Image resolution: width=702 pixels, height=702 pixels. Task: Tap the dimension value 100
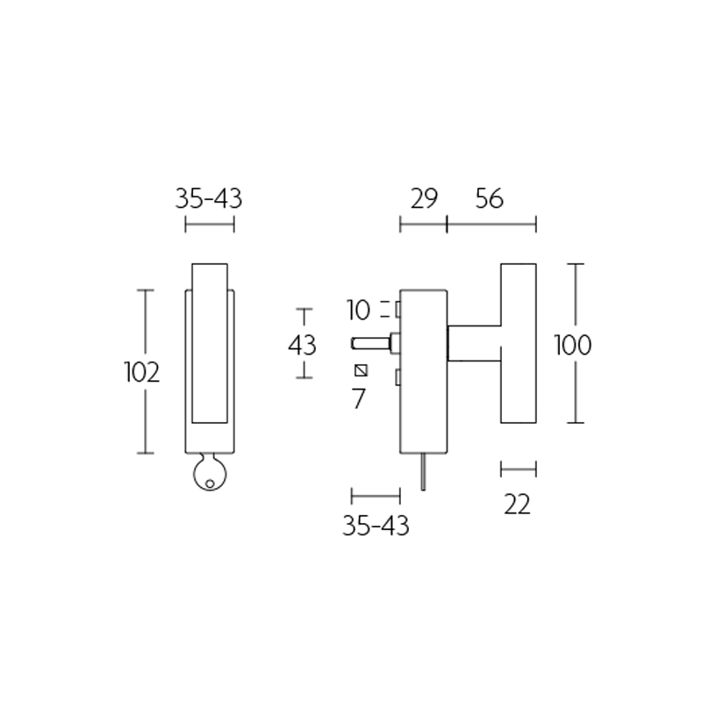pos(573,345)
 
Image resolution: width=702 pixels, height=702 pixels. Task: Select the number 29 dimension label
pos(423,199)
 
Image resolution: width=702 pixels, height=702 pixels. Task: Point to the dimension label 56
pos(490,199)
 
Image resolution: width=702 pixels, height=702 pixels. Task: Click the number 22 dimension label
pos(518,505)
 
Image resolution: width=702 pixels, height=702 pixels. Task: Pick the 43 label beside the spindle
pos(302,345)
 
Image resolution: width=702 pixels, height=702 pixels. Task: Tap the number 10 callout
pos(360,310)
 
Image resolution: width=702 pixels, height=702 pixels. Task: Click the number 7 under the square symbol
pos(358,399)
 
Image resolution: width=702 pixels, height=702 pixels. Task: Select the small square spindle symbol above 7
pos(360,370)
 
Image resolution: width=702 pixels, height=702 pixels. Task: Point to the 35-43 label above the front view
pos(209,199)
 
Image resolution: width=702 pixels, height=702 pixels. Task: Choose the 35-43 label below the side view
pos(376,526)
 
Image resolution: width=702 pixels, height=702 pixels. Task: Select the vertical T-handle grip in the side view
pos(518,342)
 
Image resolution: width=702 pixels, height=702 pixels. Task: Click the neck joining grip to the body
pos(474,341)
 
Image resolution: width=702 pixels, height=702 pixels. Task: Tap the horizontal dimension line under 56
pos(491,226)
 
